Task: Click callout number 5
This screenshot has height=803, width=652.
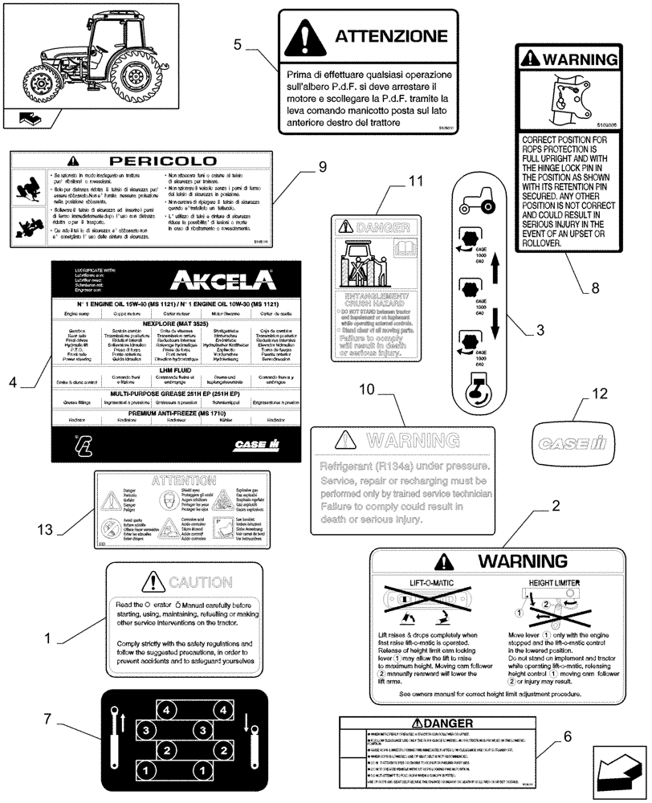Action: pos(237,44)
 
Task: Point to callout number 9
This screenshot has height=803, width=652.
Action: pos(322,166)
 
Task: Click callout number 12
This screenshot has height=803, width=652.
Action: pos(596,393)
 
